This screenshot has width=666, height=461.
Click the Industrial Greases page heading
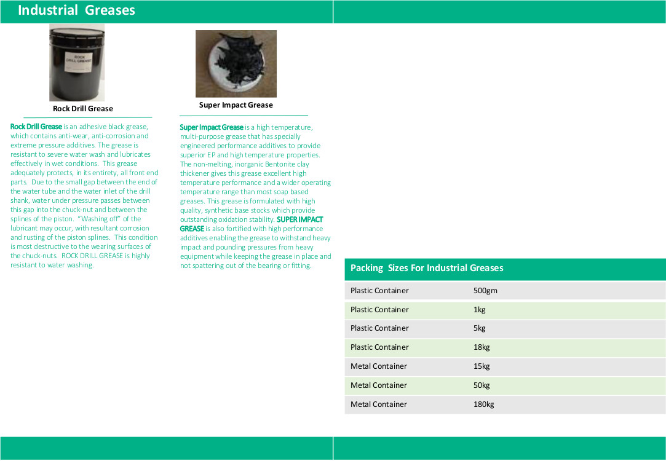coord(76,10)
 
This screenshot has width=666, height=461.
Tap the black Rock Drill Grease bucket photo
coord(77,63)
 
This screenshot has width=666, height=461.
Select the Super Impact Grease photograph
coord(236,64)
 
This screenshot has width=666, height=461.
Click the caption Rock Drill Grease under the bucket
coord(83,109)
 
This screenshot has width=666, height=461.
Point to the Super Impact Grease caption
coord(236,105)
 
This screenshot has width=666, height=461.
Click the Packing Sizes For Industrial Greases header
coord(427,268)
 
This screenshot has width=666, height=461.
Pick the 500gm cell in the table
coord(485,291)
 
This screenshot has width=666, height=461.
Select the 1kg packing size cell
coord(480,310)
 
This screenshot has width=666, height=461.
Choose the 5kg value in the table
coord(480,328)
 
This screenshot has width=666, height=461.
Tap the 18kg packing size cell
coord(482,347)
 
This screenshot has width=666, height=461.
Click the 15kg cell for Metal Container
coord(482,366)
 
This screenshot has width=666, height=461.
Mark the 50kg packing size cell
coord(482,385)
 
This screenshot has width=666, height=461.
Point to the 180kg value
coord(483,404)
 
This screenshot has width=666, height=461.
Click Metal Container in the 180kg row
coord(379,404)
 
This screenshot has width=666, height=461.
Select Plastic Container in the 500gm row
coord(379,291)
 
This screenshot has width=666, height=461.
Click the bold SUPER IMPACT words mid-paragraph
coord(299,219)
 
